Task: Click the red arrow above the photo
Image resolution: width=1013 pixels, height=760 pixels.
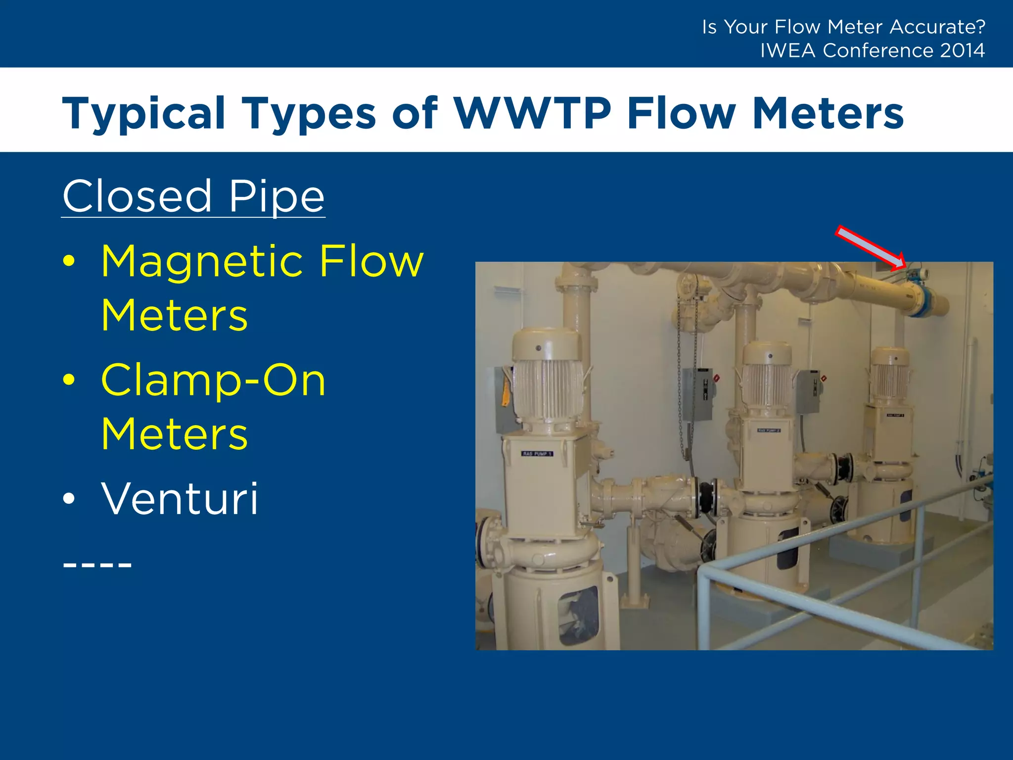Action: [871, 248]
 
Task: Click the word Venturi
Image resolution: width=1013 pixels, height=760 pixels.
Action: [180, 499]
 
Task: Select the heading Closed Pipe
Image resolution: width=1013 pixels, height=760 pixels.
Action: [193, 197]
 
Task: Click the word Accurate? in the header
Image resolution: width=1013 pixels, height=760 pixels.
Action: [937, 27]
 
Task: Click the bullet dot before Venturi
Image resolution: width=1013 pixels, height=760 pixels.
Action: [69, 499]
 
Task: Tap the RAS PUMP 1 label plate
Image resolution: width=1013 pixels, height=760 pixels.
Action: [537, 454]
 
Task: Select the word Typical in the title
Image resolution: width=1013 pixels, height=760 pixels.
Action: [144, 113]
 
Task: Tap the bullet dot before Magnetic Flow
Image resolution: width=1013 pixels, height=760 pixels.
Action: [69, 261]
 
